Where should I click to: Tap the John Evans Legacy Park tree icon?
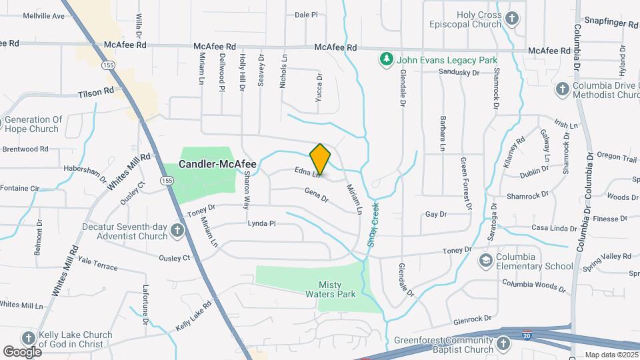point(385,60)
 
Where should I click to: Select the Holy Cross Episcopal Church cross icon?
point(512,19)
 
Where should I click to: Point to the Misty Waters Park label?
point(330,289)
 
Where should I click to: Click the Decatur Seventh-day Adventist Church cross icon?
point(177,231)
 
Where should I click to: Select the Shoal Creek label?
point(374,225)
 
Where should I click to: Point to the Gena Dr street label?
point(317,195)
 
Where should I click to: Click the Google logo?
point(22,351)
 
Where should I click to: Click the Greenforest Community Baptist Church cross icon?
point(503,343)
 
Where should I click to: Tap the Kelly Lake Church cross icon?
point(29,338)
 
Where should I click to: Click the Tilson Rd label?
point(95,94)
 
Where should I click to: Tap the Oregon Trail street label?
point(617,157)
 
